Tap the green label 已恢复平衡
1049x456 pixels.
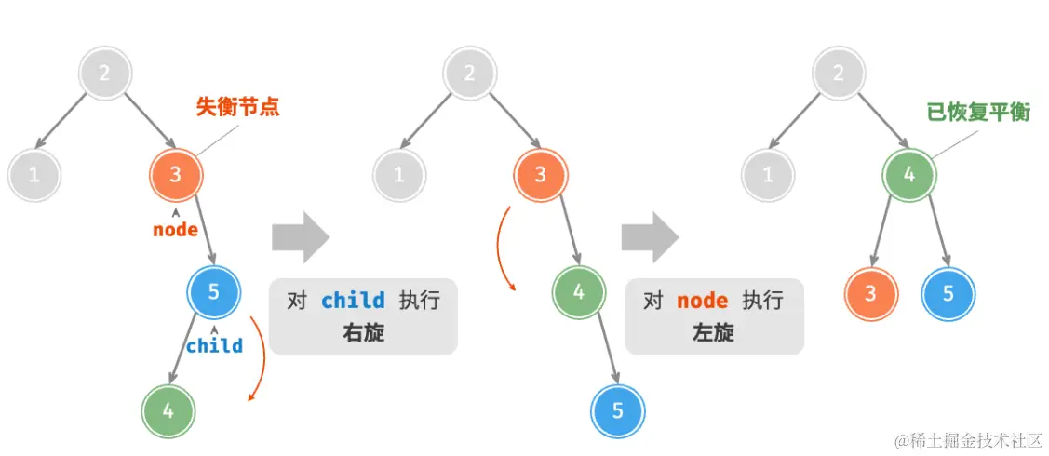(978, 112)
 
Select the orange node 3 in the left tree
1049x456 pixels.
(176, 173)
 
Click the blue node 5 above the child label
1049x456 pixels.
(214, 292)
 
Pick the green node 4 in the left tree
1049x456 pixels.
(168, 409)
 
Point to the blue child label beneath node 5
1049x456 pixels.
(214, 346)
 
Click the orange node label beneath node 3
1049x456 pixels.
(176, 229)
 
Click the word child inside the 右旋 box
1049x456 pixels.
(353, 301)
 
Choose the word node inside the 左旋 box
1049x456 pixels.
(702, 301)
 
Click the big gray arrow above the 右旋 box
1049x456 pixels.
(300, 237)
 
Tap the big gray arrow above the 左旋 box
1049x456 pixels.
(651, 237)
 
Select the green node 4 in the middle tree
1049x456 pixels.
(578, 291)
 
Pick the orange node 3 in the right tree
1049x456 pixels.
(870, 293)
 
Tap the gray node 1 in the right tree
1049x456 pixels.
(768, 174)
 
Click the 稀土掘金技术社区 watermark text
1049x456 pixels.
(974, 439)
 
